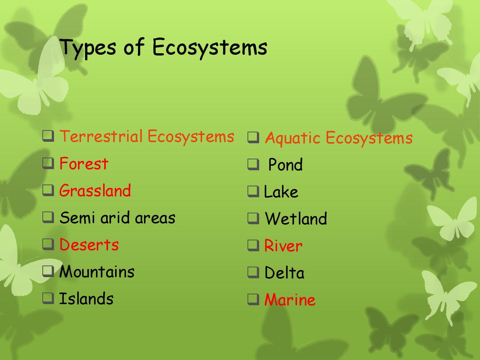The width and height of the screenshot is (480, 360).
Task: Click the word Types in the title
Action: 88,48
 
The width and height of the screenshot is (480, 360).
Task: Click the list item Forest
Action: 84,163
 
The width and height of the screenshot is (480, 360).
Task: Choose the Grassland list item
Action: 95,190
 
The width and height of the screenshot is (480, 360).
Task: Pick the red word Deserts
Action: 89,244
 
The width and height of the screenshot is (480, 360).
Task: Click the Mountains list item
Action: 97,271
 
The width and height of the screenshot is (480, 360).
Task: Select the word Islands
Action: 86,298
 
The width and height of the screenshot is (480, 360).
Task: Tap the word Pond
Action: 285,164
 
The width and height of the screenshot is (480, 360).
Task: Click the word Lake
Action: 281,192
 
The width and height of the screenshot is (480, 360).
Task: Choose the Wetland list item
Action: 296,218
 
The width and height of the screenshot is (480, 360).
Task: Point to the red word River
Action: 283,246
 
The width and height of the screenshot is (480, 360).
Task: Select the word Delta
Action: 284,273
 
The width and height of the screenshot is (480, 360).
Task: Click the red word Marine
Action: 290,300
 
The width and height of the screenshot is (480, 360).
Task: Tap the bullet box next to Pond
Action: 253,164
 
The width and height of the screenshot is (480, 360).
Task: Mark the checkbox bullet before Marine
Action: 253,300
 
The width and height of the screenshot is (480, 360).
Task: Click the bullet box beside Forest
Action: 48,163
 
